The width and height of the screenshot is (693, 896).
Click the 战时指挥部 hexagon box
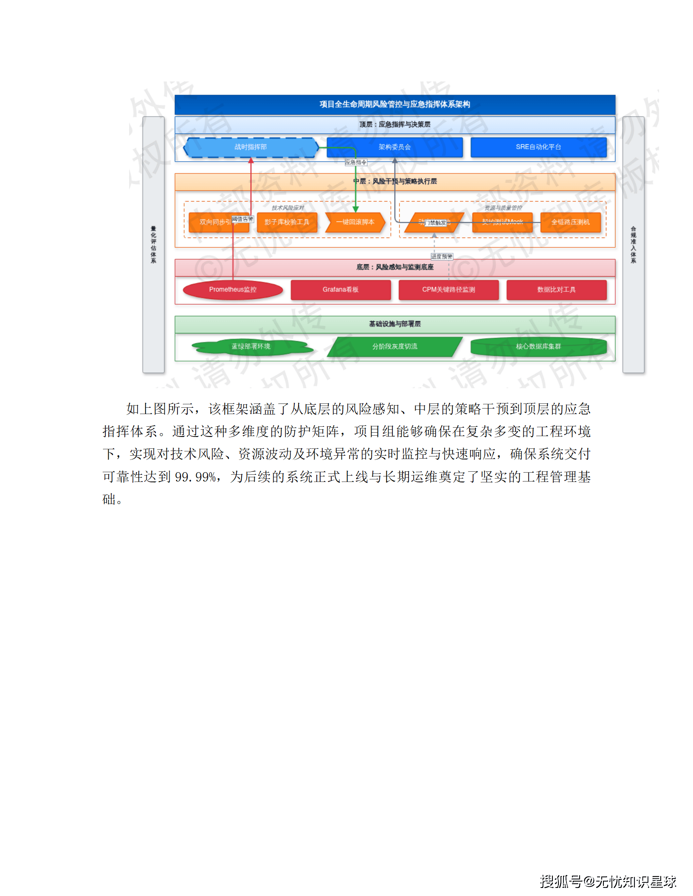pyautogui.click(x=251, y=147)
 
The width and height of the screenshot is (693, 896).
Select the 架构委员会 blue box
pyautogui.click(x=394, y=147)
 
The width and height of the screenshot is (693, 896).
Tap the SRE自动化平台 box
pyautogui.click(x=538, y=147)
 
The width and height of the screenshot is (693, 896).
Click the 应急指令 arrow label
pyautogui.click(x=356, y=162)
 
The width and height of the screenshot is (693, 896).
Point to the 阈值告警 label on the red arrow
pyautogui.click(x=242, y=219)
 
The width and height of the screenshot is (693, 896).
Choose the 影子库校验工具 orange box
pyautogui.click(x=287, y=222)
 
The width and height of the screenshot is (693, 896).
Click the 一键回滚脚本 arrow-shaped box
pyautogui.click(x=355, y=222)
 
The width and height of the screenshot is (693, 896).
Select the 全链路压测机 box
pyautogui.click(x=570, y=222)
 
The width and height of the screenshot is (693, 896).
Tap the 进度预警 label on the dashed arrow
pyautogui.click(x=442, y=257)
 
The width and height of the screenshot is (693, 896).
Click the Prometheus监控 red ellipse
pyautogui.click(x=233, y=290)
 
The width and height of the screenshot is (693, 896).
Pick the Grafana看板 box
pyautogui.click(x=341, y=290)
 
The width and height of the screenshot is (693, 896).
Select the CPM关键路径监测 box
pyautogui.click(x=448, y=290)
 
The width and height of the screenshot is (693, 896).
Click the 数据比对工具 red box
pyautogui.click(x=556, y=290)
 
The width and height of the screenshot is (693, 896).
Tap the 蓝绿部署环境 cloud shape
pyautogui.click(x=251, y=347)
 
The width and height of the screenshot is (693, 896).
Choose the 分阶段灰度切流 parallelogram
pyautogui.click(x=394, y=347)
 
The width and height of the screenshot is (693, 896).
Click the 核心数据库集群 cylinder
pyautogui.click(x=538, y=347)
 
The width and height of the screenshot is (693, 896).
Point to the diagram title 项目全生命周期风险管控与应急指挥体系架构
pyautogui.click(x=394, y=104)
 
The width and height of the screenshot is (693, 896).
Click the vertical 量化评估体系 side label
pyautogui.click(x=153, y=245)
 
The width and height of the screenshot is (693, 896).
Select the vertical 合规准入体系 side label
pyautogui.click(x=633, y=245)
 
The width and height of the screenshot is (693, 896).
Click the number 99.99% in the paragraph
pyautogui.click(x=196, y=477)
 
